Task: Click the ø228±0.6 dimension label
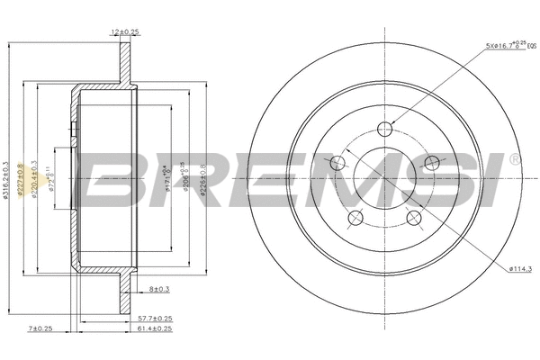pos(204,180)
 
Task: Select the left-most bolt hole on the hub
pos(338,163)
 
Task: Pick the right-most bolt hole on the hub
pos(431,163)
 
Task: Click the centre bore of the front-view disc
pos(384,176)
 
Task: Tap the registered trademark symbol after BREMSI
pos(513,160)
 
